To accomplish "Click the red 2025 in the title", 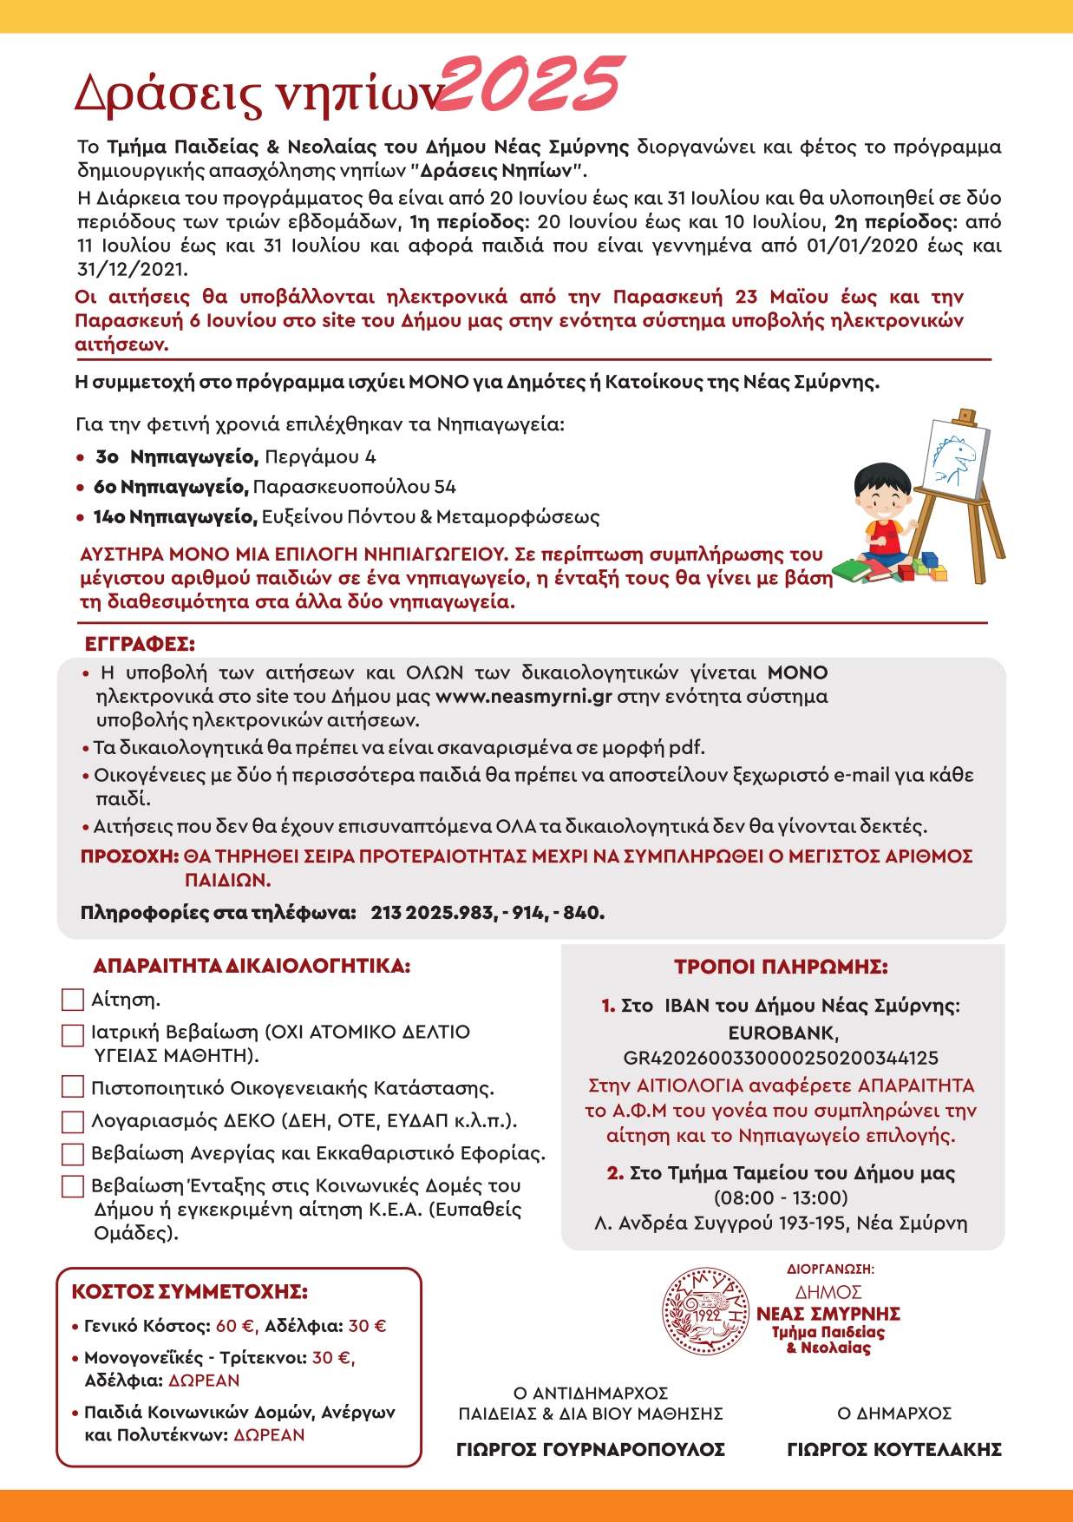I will click(531, 85).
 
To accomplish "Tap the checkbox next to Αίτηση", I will click(73, 1000).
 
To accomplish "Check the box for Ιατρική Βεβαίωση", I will click(73, 1034).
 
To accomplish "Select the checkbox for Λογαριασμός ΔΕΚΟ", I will click(73, 1121).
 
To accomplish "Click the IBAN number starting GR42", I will click(781, 1058).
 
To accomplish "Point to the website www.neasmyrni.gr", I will click(524, 697).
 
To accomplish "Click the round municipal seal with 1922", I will click(705, 1311).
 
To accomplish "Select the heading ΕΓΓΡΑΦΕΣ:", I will click(140, 645).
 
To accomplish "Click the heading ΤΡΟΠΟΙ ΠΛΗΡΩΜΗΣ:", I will click(781, 967).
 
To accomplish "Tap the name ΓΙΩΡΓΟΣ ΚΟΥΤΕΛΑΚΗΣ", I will click(894, 1449).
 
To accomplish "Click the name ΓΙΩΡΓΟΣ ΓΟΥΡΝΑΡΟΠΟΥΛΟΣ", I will click(591, 1449).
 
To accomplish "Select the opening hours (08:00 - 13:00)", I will click(781, 1198).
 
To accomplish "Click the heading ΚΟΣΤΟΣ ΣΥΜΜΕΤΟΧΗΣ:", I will click(189, 1292).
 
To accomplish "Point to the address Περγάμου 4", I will click(320, 457).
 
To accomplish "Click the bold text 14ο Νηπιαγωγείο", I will click(175, 517).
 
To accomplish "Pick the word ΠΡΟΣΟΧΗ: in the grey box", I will click(129, 856).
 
